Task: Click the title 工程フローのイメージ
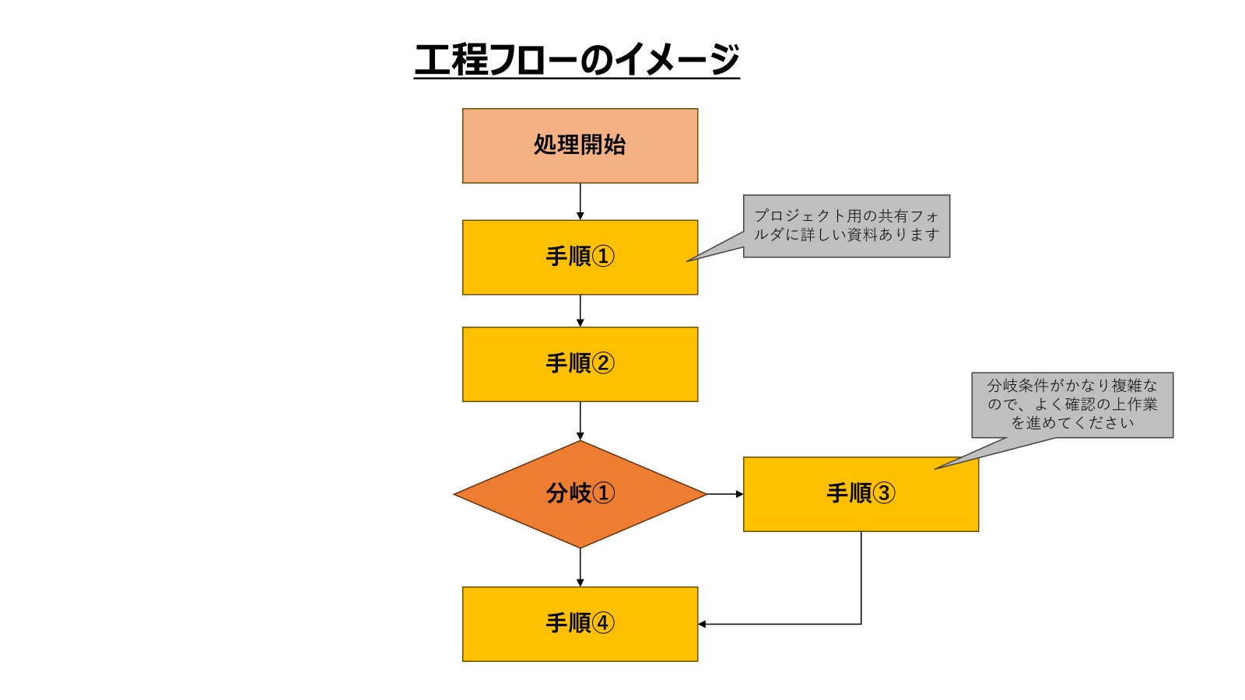pos(577,60)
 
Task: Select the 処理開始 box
pos(580,145)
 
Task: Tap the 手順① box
pos(580,257)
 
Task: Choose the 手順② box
pos(580,364)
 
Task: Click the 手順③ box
pos(861,494)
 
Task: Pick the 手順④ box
pos(580,624)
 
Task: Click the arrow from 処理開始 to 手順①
pos(580,201)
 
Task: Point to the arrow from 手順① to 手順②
pos(580,310)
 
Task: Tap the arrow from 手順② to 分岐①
pos(580,421)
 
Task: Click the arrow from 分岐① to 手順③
pos(724,494)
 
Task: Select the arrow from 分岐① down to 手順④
pos(580,567)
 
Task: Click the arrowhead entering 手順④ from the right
pos(702,624)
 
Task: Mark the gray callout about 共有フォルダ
pos(847,226)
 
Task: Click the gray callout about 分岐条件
pos(1071,404)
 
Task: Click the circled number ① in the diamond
pos(603,493)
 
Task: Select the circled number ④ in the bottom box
pos(603,623)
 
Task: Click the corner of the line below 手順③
pos(861,624)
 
